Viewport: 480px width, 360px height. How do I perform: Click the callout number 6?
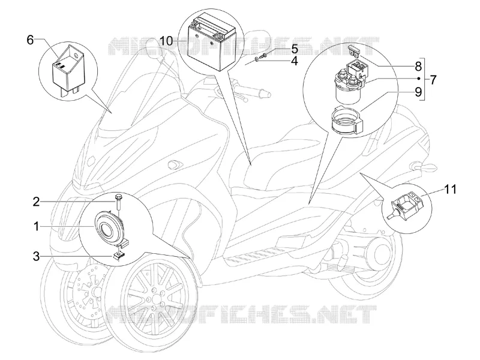coord(30,40)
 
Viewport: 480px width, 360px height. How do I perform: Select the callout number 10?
coord(167,41)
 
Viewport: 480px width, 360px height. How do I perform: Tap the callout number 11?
coord(450,189)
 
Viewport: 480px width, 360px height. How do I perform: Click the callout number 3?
coord(37,256)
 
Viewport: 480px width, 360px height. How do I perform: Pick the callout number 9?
coord(418,92)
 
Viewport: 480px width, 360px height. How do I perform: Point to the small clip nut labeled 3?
coord(118,255)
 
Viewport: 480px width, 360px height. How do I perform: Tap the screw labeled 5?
coord(263,55)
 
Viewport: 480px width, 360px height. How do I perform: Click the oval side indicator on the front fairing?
coord(175,164)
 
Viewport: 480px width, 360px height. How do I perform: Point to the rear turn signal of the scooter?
coord(425,167)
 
